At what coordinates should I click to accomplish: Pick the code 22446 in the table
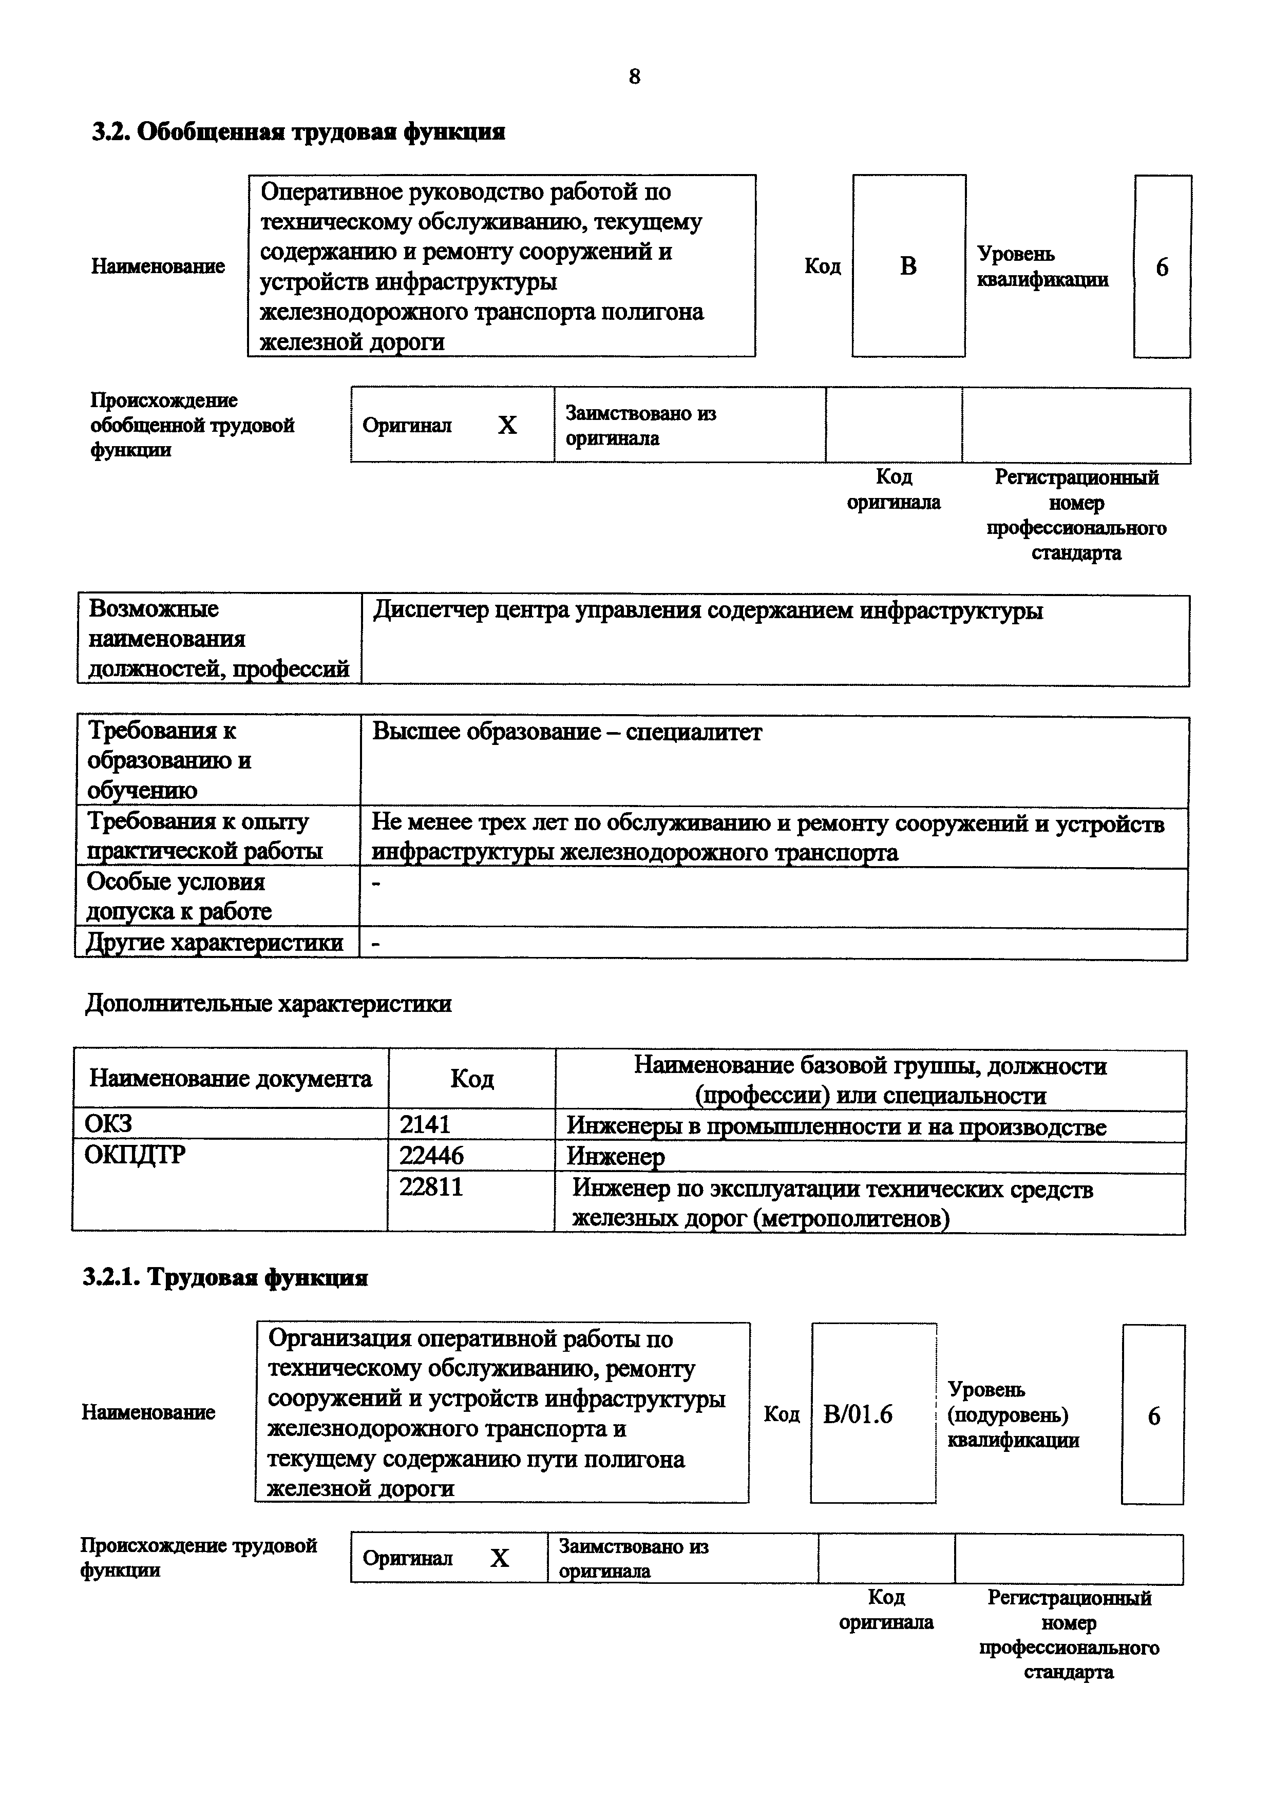[x=431, y=1156]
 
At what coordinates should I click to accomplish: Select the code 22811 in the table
[x=431, y=1187]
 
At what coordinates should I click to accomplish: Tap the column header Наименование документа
[x=231, y=1079]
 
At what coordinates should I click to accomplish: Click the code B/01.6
[x=858, y=1414]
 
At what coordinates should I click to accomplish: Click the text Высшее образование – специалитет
[x=566, y=732]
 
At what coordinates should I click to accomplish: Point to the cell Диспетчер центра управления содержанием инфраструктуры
[x=708, y=610]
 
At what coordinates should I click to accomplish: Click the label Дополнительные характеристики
[x=268, y=1003]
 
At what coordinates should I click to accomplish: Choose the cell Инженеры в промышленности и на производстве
[x=836, y=1127]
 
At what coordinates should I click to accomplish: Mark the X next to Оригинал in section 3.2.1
[x=500, y=1558]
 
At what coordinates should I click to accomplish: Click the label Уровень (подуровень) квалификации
[x=1013, y=1414]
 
